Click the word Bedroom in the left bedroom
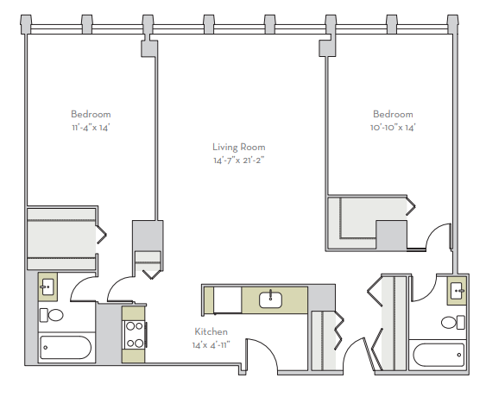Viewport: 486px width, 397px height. tap(91, 114)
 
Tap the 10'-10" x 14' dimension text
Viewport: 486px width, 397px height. tap(393, 128)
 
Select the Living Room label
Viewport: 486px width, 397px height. tap(239, 147)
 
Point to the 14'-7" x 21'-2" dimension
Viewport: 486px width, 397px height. tap(239, 160)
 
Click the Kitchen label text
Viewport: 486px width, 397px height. tap(211, 331)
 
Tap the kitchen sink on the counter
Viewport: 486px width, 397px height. tap(271, 299)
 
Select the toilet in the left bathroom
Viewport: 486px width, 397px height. tap(52, 315)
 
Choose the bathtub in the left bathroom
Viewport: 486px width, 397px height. tap(66, 349)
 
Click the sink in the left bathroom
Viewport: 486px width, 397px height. tap(47, 286)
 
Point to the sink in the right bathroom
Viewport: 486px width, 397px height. tap(457, 293)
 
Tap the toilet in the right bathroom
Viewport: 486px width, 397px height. tap(450, 323)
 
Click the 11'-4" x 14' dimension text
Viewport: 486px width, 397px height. tap(91, 128)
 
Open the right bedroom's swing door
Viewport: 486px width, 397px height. tap(440, 236)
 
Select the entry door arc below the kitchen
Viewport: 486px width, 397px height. tap(262, 356)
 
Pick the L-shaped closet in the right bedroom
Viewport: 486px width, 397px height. tap(363, 223)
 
